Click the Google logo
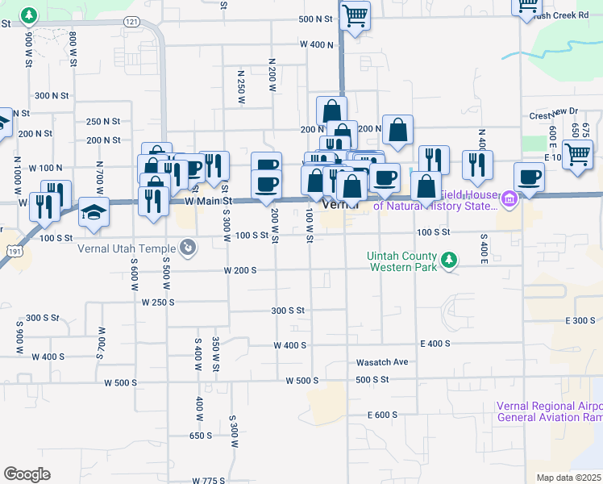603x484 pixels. point(26,474)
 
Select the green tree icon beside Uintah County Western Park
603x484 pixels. point(450,261)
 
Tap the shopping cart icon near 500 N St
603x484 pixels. point(354,15)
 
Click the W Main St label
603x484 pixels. point(208,200)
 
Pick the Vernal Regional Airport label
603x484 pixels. point(548,411)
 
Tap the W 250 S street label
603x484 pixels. point(158,302)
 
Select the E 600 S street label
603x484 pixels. point(382,415)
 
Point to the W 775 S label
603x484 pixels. point(209,480)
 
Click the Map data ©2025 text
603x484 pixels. point(568,478)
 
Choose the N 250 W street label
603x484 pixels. point(240,87)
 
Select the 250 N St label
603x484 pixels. point(103,121)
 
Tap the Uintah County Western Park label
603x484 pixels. point(401,261)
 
